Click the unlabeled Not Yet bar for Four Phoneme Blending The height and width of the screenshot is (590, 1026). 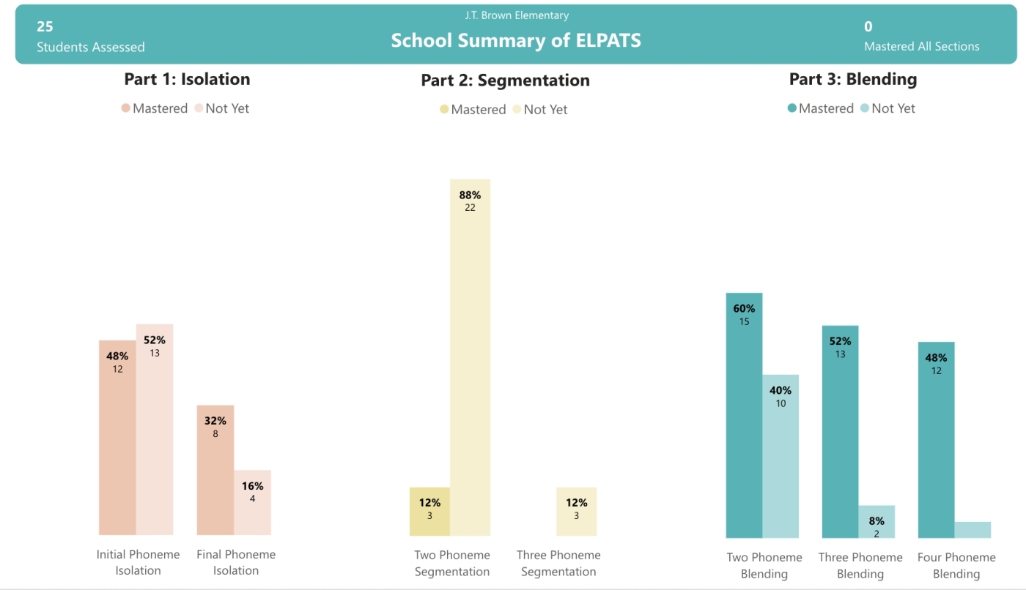[973, 529]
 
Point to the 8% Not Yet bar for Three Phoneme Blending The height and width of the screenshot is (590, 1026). [876, 521]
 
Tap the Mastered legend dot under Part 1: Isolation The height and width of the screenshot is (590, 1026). [126, 108]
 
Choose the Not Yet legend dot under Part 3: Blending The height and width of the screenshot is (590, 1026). [865, 108]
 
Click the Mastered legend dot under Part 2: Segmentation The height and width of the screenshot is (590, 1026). [444, 110]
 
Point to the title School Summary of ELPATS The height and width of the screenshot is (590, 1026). [516, 40]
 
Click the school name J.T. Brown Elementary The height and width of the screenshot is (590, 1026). [517, 15]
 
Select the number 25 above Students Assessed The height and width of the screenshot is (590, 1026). [45, 26]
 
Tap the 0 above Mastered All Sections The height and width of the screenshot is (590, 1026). [868, 26]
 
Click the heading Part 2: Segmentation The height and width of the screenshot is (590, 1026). [505, 80]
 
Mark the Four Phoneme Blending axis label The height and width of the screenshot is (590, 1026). [956, 565]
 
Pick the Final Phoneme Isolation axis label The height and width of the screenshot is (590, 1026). [236, 562]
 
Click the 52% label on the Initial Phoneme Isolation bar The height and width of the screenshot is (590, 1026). [155, 340]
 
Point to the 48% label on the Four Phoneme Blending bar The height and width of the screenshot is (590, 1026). [936, 358]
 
